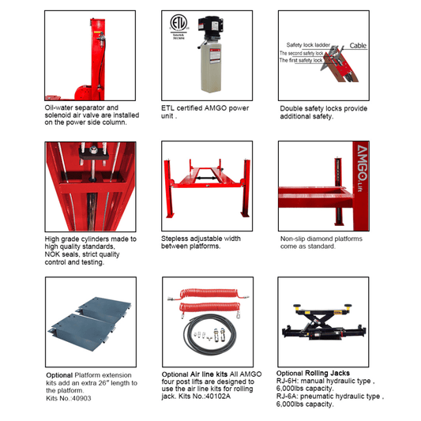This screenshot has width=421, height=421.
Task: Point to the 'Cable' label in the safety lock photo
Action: pyautogui.click(x=358, y=46)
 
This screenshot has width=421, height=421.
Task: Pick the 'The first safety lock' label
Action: pyautogui.click(x=301, y=61)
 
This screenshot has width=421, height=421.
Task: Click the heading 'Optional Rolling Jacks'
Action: pyautogui.click(x=313, y=373)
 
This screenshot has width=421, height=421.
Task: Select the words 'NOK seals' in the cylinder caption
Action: pyautogui.click(x=64, y=254)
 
